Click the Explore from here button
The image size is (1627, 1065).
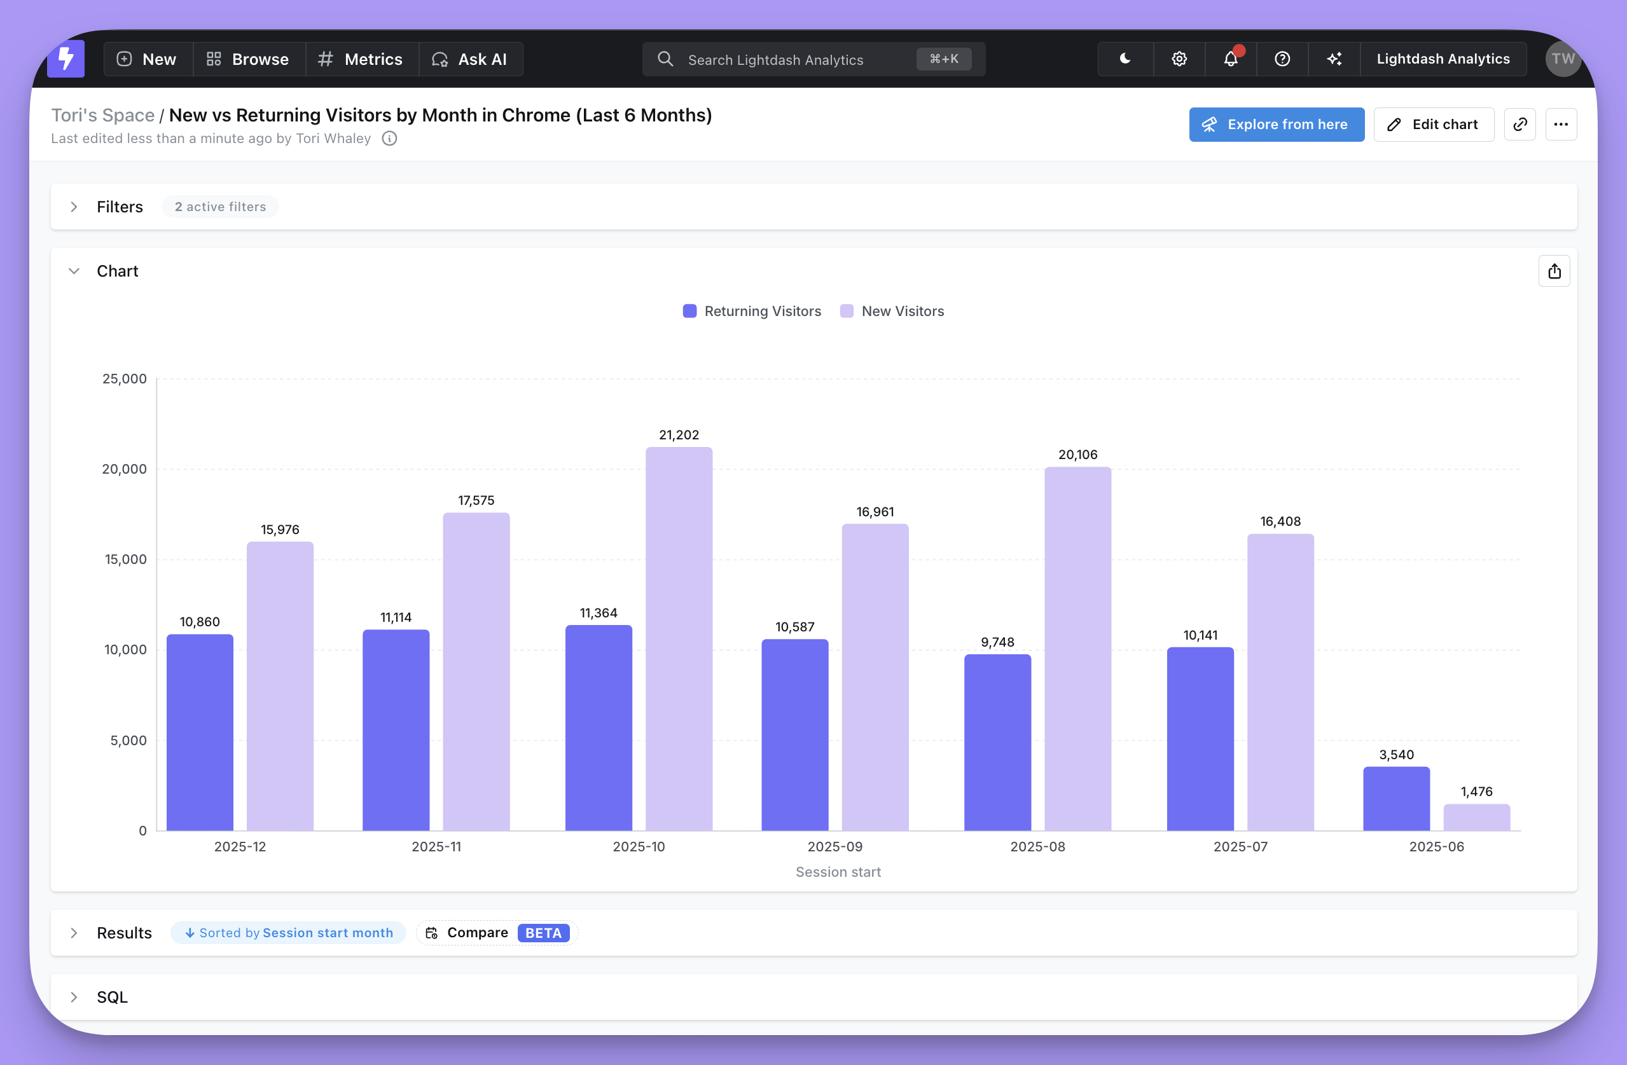click(x=1276, y=125)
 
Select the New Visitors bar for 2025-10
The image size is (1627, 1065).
click(x=678, y=639)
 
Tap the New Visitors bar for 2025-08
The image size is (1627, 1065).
click(x=1077, y=649)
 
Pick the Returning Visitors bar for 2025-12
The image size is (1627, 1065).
click(x=200, y=732)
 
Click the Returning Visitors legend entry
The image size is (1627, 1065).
click(x=752, y=311)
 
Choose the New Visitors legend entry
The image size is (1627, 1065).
click(x=892, y=311)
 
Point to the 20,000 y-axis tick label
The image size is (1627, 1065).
click(x=125, y=469)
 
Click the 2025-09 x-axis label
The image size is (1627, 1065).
click(x=834, y=846)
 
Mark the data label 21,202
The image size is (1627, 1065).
click(x=678, y=435)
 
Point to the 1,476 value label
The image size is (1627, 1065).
click(x=1476, y=792)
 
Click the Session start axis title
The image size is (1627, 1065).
click(x=838, y=872)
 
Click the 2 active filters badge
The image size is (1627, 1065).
click(x=220, y=207)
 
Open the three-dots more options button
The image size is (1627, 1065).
click(x=1561, y=125)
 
